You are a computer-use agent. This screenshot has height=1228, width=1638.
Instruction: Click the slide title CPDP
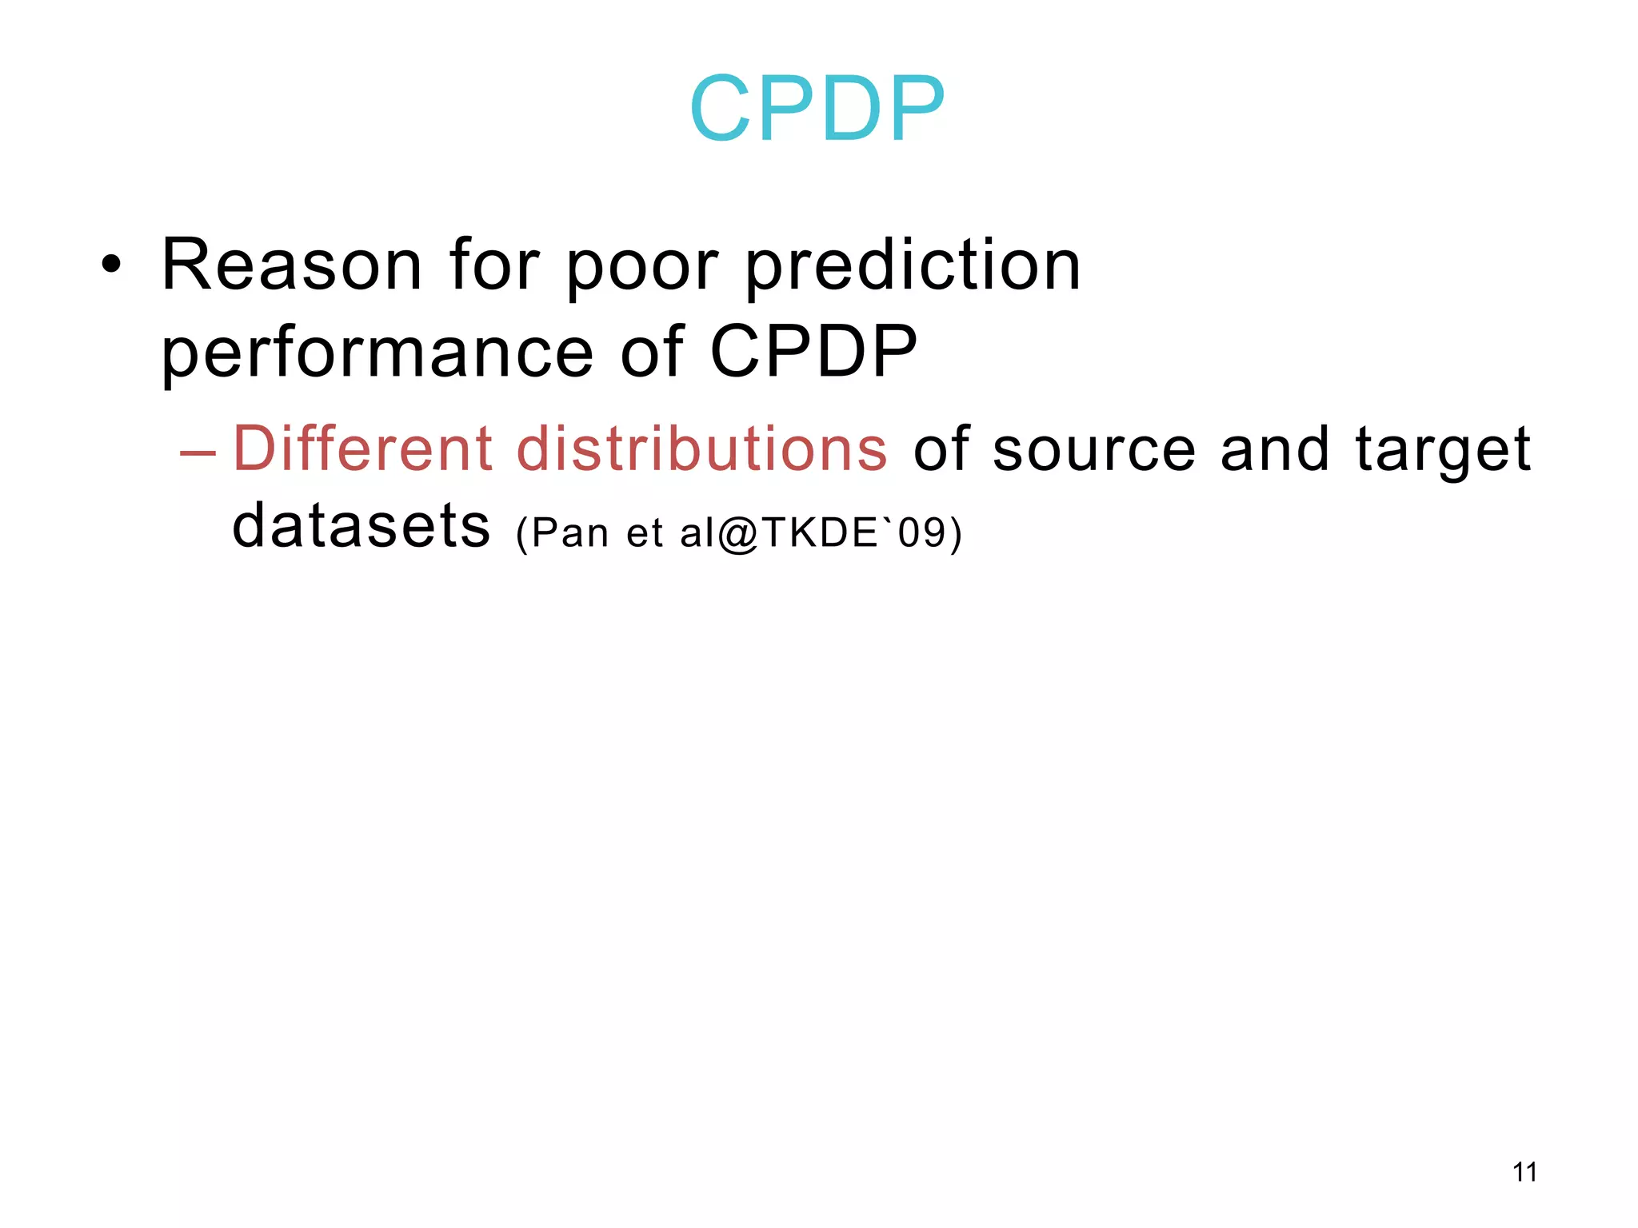817,109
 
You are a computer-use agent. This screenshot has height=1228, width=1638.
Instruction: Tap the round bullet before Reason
112,265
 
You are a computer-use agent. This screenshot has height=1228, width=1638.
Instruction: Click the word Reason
291,265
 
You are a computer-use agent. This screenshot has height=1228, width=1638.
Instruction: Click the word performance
377,354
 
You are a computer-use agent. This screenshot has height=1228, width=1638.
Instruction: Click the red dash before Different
198,453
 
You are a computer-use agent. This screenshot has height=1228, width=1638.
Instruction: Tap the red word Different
362,449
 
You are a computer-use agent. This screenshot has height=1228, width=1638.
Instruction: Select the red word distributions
701,449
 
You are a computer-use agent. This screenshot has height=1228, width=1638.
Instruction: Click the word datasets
361,526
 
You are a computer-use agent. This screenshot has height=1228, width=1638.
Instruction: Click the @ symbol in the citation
737,534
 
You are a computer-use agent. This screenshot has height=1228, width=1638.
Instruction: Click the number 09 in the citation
921,532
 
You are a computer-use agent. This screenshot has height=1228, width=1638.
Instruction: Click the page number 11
1524,1172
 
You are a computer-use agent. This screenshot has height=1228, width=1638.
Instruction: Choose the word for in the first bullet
493,265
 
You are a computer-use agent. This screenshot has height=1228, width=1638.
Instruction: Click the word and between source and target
1275,449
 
